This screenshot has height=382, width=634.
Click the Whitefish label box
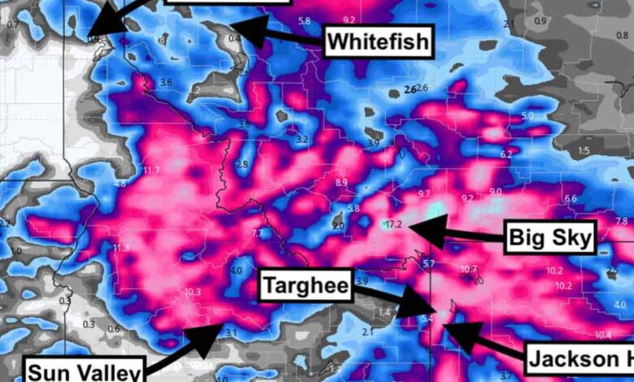coord(378,41)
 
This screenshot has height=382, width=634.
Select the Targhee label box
coord(306,286)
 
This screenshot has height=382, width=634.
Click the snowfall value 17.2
coord(394,224)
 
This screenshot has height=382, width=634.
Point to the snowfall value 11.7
coord(151,171)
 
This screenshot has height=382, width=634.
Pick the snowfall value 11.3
coord(122,248)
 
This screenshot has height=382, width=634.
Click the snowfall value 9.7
coord(423,193)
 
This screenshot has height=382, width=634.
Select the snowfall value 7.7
coord(258,234)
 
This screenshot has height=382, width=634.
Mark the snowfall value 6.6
coord(570,199)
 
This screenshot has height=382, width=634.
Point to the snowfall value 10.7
coord(468,269)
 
